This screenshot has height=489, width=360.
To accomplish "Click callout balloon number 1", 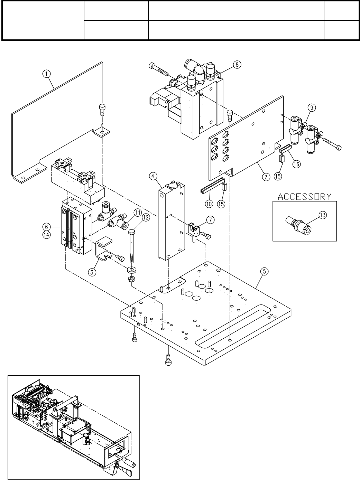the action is tap(46, 74).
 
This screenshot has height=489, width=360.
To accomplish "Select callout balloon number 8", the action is tap(237, 65).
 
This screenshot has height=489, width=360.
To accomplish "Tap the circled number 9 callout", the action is tap(312, 107).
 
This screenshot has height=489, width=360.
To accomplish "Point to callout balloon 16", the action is tap(296, 164).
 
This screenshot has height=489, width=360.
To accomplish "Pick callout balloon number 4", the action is tap(153, 176).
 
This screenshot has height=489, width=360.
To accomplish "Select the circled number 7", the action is tap(210, 220).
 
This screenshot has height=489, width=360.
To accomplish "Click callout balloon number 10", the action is tap(209, 204).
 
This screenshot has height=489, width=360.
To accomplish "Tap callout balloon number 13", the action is tap(323, 215).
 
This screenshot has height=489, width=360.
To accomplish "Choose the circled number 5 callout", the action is tap(265, 272).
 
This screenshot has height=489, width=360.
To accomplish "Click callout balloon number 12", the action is tap(146, 217).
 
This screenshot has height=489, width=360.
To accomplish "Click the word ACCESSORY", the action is tap(305, 197).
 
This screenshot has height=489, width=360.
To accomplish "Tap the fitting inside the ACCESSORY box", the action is tap(298, 224).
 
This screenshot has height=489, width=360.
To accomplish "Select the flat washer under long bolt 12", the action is tap(132, 270).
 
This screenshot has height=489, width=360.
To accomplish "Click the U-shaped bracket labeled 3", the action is tap(103, 249).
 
